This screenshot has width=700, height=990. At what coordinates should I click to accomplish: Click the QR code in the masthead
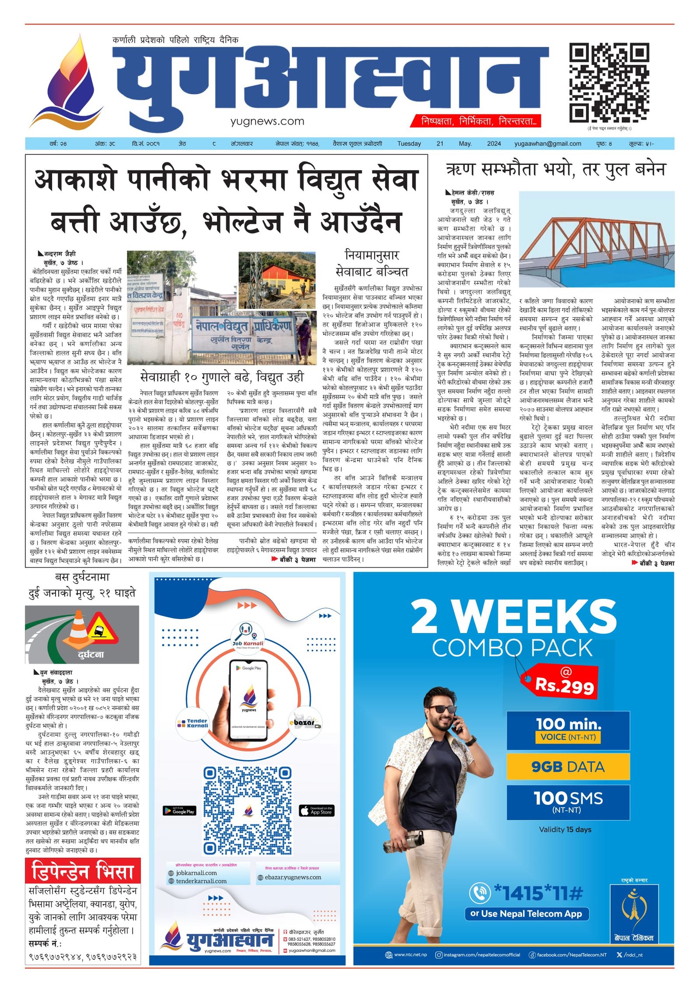click(x=609, y=83)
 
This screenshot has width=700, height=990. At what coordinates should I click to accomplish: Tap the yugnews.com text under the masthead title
click(x=267, y=121)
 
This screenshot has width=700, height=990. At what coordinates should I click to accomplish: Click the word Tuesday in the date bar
click(x=409, y=143)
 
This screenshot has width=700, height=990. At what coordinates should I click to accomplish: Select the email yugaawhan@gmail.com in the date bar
click(x=547, y=143)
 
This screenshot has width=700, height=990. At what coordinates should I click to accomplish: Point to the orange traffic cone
click(x=79, y=628)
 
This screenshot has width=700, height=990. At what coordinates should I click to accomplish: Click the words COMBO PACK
click(x=512, y=647)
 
